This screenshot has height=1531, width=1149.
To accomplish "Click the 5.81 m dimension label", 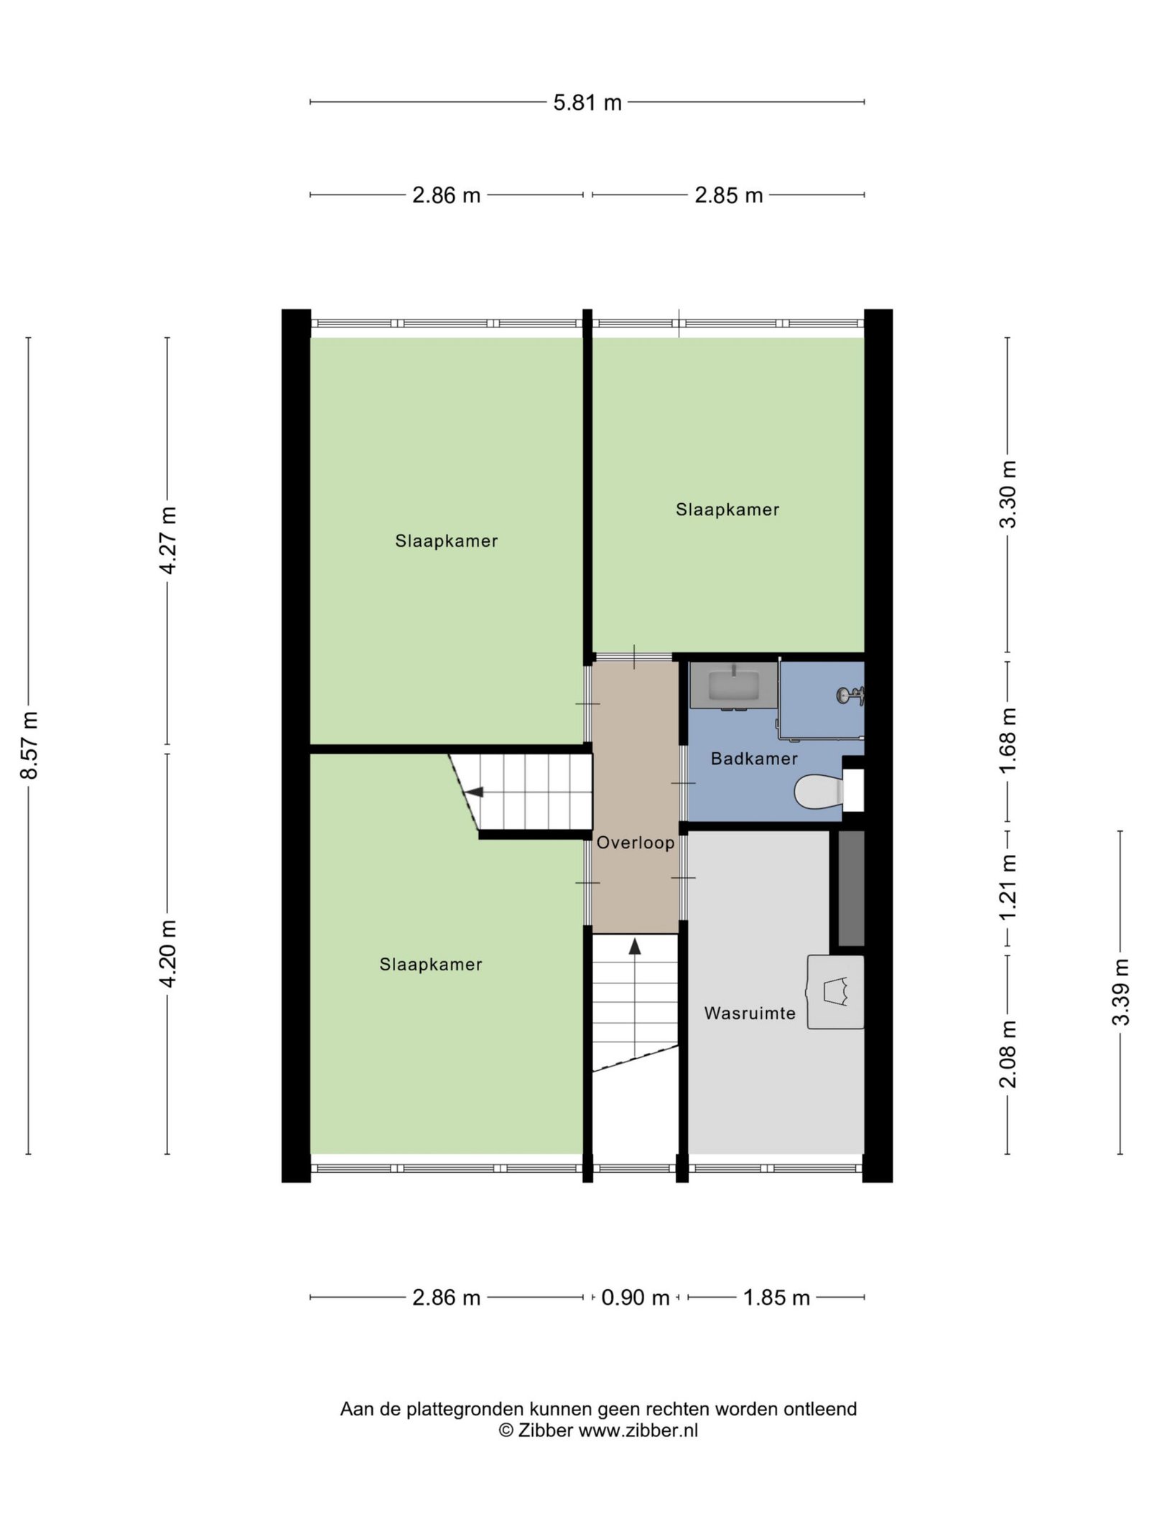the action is pyautogui.click(x=587, y=103).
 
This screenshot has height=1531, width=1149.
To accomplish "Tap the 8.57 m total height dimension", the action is pyautogui.click(x=29, y=746).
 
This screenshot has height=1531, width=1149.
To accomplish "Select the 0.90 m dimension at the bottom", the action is pyautogui.click(x=635, y=1298).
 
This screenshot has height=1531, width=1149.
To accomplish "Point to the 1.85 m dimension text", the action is pyautogui.click(x=776, y=1298).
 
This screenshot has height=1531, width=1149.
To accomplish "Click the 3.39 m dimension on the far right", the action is pyautogui.click(x=1120, y=992).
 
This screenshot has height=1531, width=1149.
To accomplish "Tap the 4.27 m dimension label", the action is pyautogui.click(x=168, y=540).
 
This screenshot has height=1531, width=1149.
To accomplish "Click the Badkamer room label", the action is pyautogui.click(x=754, y=759).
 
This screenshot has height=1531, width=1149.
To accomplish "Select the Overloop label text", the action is pyautogui.click(x=636, y=843).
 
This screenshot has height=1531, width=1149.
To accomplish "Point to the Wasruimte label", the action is pyautogui.click(x=750, y=1013).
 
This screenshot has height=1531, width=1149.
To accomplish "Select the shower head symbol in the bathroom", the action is pyautogui.click(x=850, y=695).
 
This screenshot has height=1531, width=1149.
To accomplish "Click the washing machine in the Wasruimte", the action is pyautogui.click(x=835, y=992).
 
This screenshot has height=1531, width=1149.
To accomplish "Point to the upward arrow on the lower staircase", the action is pyautogui.click(x=634, y=947).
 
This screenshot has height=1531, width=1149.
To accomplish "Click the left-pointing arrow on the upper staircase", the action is pyautogui.click(x=474, y=792).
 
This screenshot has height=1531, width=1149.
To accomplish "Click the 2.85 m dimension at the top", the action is pyautogui.click(x=728, y=195).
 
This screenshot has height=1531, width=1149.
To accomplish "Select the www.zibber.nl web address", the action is pyautogui.click(x=638, y=1431).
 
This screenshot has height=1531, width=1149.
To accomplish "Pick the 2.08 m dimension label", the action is pyautogui.click(x=1008, y=1054).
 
